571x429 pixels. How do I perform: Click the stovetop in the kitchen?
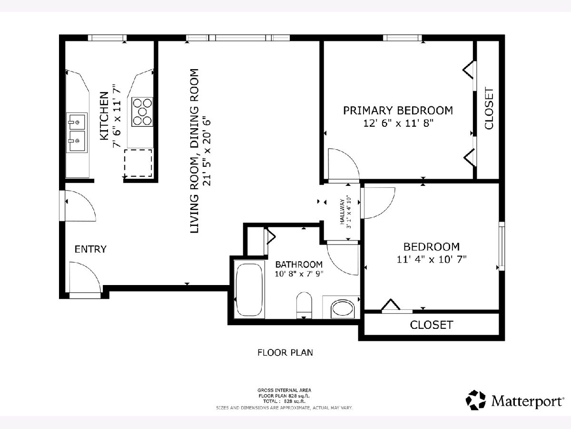point(142,112)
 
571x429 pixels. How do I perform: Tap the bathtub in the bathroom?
point(249,289)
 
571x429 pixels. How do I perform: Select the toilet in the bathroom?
point(304,305)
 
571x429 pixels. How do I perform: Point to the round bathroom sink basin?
point(342,309)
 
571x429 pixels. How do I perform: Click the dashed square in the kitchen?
point(138,163)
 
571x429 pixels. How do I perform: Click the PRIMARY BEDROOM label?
point(398,111)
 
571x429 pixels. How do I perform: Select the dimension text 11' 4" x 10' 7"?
point(432,259)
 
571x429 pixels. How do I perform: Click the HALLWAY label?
point(342,212)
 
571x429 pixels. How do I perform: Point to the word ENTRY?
point(90,249)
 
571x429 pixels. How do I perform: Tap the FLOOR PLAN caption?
point(285,352)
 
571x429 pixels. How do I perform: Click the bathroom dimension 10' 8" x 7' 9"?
point(299,274)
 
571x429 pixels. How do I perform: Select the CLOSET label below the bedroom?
point(432,325)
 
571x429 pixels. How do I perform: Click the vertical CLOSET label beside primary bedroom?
point(489,108)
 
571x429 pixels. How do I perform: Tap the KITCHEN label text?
point(104,116)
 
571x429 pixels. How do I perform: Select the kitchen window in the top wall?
point(107,38)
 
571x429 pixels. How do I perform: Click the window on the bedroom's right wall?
point(502,246)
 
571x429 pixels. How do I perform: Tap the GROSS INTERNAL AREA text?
point(285,390)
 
